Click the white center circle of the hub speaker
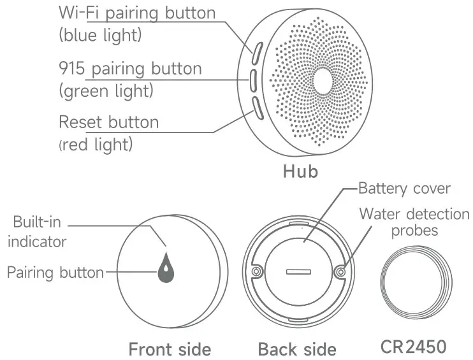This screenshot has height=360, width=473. click(x=321, y=79)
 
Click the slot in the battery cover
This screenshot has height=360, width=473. click(x=298, y=271)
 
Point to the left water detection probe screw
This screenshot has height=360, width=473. click(x=256, y=271)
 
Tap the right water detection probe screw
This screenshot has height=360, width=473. click(x=340, y=271)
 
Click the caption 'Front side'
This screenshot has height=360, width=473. click(x=170, y=349)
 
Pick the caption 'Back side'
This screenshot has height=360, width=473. click(x=296, y=349)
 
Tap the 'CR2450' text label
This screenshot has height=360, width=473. click(x=413, y=347)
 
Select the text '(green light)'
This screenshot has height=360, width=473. click(x=106, y=91)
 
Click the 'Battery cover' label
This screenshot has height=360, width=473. click(x=404, y=189)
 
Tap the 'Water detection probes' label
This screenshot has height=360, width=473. click(x=414, y=221)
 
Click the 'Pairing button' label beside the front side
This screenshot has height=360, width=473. click(x=55, y=272)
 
